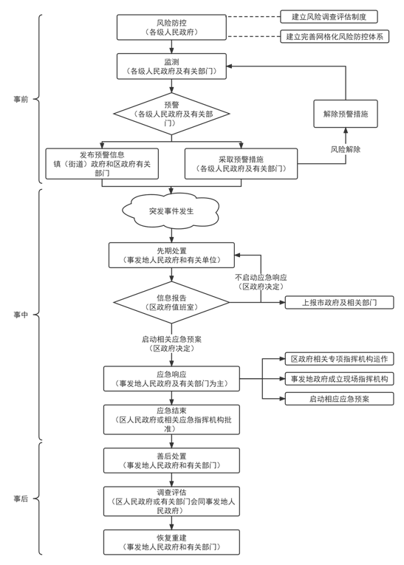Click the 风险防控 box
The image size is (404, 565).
click(x=171, y=27)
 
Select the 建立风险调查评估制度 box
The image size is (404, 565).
click(x=329, y=16)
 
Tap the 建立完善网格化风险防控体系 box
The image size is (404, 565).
click(x=335, y=36)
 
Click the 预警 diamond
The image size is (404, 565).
click(x=171, y=114)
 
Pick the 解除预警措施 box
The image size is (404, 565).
click(x=346, y=114)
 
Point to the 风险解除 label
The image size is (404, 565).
click(x=346, y=149)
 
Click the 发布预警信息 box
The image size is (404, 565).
click(x=102, y=163)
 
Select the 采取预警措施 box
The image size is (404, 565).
click(x=241, y=163)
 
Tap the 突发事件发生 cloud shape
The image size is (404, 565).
click(x=171, y=210)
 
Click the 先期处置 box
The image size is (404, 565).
click(x=171, y=255)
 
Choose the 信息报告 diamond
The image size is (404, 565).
click(x=171, y=302)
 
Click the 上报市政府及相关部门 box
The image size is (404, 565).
click(x=340, y=302)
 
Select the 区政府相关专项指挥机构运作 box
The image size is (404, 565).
click(x=340, y=359)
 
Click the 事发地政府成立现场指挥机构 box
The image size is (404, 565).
click(x=340, y=379)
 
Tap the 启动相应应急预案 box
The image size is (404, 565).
click(x=340, y=399)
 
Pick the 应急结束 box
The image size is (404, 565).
click(x=171, y=420)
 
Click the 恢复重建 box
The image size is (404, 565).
click(x=171, y=542)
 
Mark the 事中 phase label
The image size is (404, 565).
click(x=21, y=315)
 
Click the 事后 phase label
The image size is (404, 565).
click(x=21, y=499)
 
